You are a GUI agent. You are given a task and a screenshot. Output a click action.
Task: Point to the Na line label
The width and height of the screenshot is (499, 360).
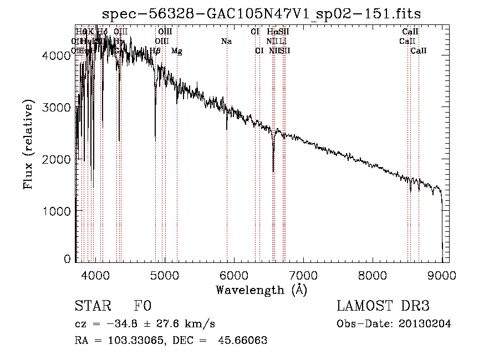226,42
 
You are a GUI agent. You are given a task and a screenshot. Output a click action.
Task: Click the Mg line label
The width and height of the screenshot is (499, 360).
176,51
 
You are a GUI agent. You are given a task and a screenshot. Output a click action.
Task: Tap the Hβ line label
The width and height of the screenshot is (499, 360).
155,51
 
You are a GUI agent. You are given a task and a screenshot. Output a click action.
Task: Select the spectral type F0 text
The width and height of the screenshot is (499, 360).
142,306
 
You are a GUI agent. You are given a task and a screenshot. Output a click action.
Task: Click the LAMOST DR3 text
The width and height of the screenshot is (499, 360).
383,306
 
